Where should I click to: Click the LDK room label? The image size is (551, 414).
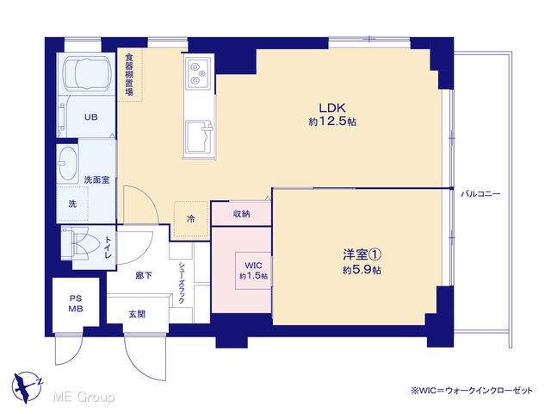pos(332,107)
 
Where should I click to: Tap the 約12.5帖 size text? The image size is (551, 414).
pos(332,122)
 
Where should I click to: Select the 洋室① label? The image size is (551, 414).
pos(362,254)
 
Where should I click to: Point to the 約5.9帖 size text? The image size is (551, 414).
pos(362,270)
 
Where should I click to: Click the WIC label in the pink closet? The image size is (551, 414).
pos(253,265)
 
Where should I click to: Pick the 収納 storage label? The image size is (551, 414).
pos(241,214)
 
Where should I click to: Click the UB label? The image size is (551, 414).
pos(90,117)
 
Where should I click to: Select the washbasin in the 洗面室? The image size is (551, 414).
pos(68,165)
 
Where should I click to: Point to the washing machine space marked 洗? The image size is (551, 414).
pos(72,204)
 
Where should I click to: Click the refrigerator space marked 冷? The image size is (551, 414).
pos(190,219)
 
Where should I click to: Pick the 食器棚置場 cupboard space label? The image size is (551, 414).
pos(129,75)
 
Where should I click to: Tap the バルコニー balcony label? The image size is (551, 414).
pos(480,193)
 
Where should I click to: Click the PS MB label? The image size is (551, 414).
pos(76,304)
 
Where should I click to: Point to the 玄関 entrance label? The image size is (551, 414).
pos(137,314)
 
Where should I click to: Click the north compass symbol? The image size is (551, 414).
pos(27,387)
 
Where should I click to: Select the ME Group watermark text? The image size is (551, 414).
pos(84,397)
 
